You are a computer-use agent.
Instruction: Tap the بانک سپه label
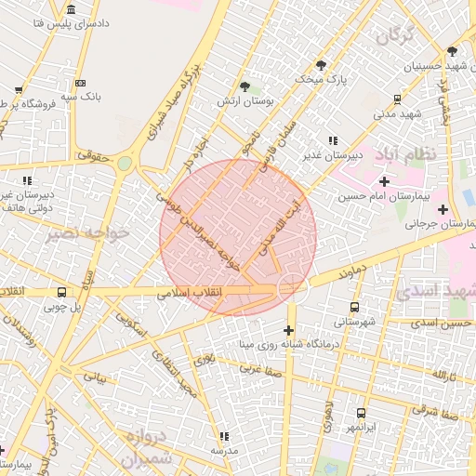[x=80, y=96]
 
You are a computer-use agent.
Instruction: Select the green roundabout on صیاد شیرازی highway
[x=124, y=164]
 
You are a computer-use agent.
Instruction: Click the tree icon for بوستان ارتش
[x=245, y=86]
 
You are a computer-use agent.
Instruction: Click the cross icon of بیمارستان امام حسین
[x=385, y=180]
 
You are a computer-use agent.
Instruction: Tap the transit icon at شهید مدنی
[x=398, y=99]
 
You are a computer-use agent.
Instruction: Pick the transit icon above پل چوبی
[x=61, y=292]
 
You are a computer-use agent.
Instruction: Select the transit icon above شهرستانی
[x=353, y=307]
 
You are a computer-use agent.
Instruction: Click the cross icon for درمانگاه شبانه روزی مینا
[x=288, y=329]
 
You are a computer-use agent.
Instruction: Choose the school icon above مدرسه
[x=224, y=435]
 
